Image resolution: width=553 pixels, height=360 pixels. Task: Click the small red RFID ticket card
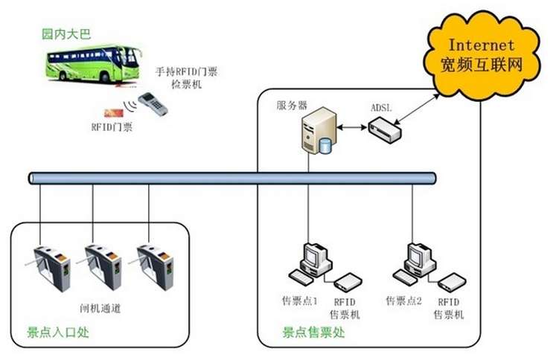click(x=114, y=112)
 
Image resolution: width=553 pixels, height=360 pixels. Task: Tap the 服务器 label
click(x=292, y=106)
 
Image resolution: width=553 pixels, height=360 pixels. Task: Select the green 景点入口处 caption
click(x=57, y=332)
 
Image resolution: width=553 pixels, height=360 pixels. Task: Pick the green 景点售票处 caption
click(x=313, y=333)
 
